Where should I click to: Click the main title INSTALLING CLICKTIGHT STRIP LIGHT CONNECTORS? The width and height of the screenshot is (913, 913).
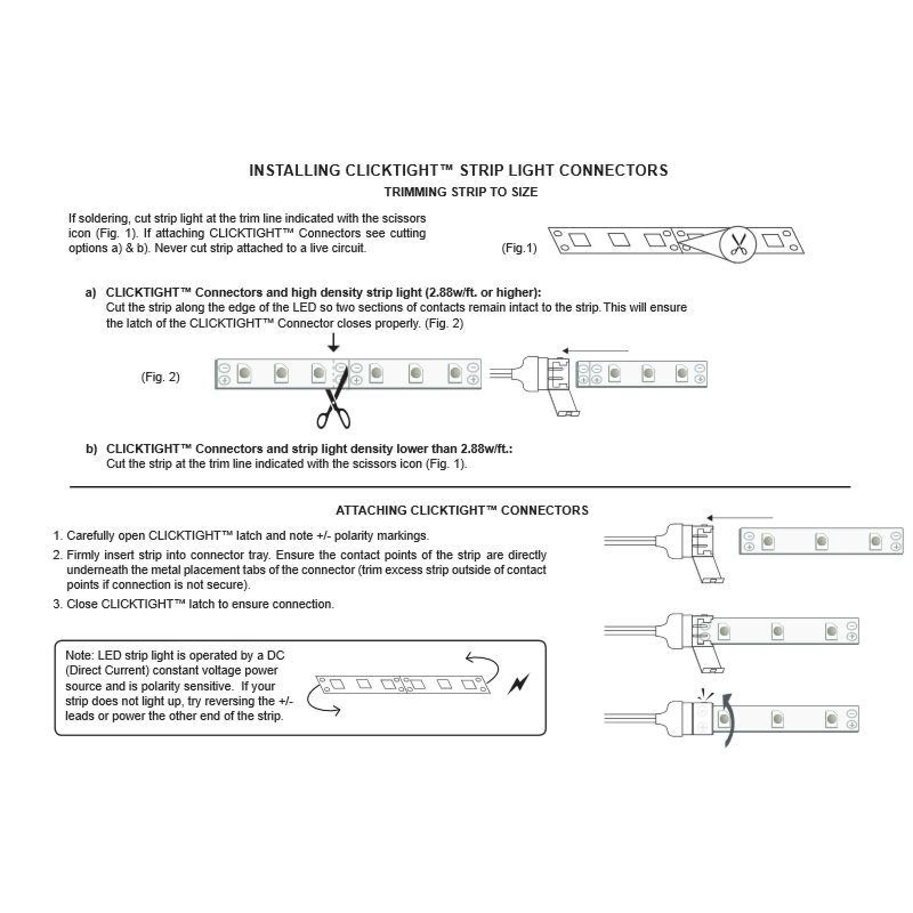pyautogui.click(x=458, y=170)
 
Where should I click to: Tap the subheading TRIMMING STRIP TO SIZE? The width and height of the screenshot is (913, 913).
pyautogui.click(x=461, y=192)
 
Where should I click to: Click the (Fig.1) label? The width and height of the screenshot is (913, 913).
pyautogui.click(x=519, y=248)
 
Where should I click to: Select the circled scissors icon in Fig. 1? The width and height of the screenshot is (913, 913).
pyautogui.click(x=738, y=244)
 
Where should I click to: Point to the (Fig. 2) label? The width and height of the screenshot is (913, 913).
pyautogui.click(x=160, y=377)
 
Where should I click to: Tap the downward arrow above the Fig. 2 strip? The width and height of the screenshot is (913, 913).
pyautogui.click(x=334, y=343)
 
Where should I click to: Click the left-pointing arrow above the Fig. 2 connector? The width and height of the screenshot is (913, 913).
pyautogui.click(x=595, y=351)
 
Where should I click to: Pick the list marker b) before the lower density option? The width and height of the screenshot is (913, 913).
pyautogui.click(x=91, y=449)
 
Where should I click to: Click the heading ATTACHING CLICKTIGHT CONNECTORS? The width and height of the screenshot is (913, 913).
pyautogui.click(x=462, y=511)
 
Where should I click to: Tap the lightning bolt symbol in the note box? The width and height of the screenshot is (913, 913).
pyautogui.click(x=519, y=684)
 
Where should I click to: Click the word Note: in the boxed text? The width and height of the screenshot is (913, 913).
pyautogui.click(x=80, y=655)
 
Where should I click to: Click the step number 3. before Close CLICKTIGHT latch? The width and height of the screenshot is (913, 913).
pyautogui.click(x=58, y=604)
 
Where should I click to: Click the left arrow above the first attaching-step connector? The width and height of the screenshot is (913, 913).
pyautogui.click(x=740, y=517)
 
